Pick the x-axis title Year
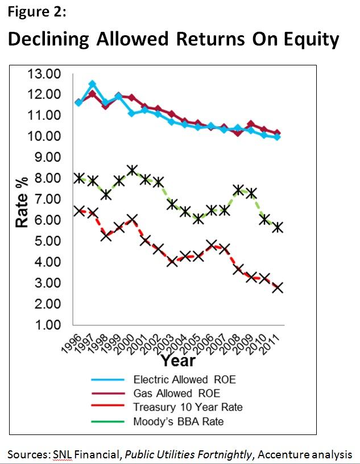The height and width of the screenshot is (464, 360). [x=177, y=361]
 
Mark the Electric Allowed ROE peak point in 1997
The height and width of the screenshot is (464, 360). [x=92, y=84]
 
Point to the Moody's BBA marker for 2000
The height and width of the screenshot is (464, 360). [x=132, y=170]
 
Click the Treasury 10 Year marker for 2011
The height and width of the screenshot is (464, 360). [x=278, y=287]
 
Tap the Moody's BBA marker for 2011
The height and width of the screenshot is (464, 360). [x=278, y=227]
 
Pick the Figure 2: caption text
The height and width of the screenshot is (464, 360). [x=33, y=11]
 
